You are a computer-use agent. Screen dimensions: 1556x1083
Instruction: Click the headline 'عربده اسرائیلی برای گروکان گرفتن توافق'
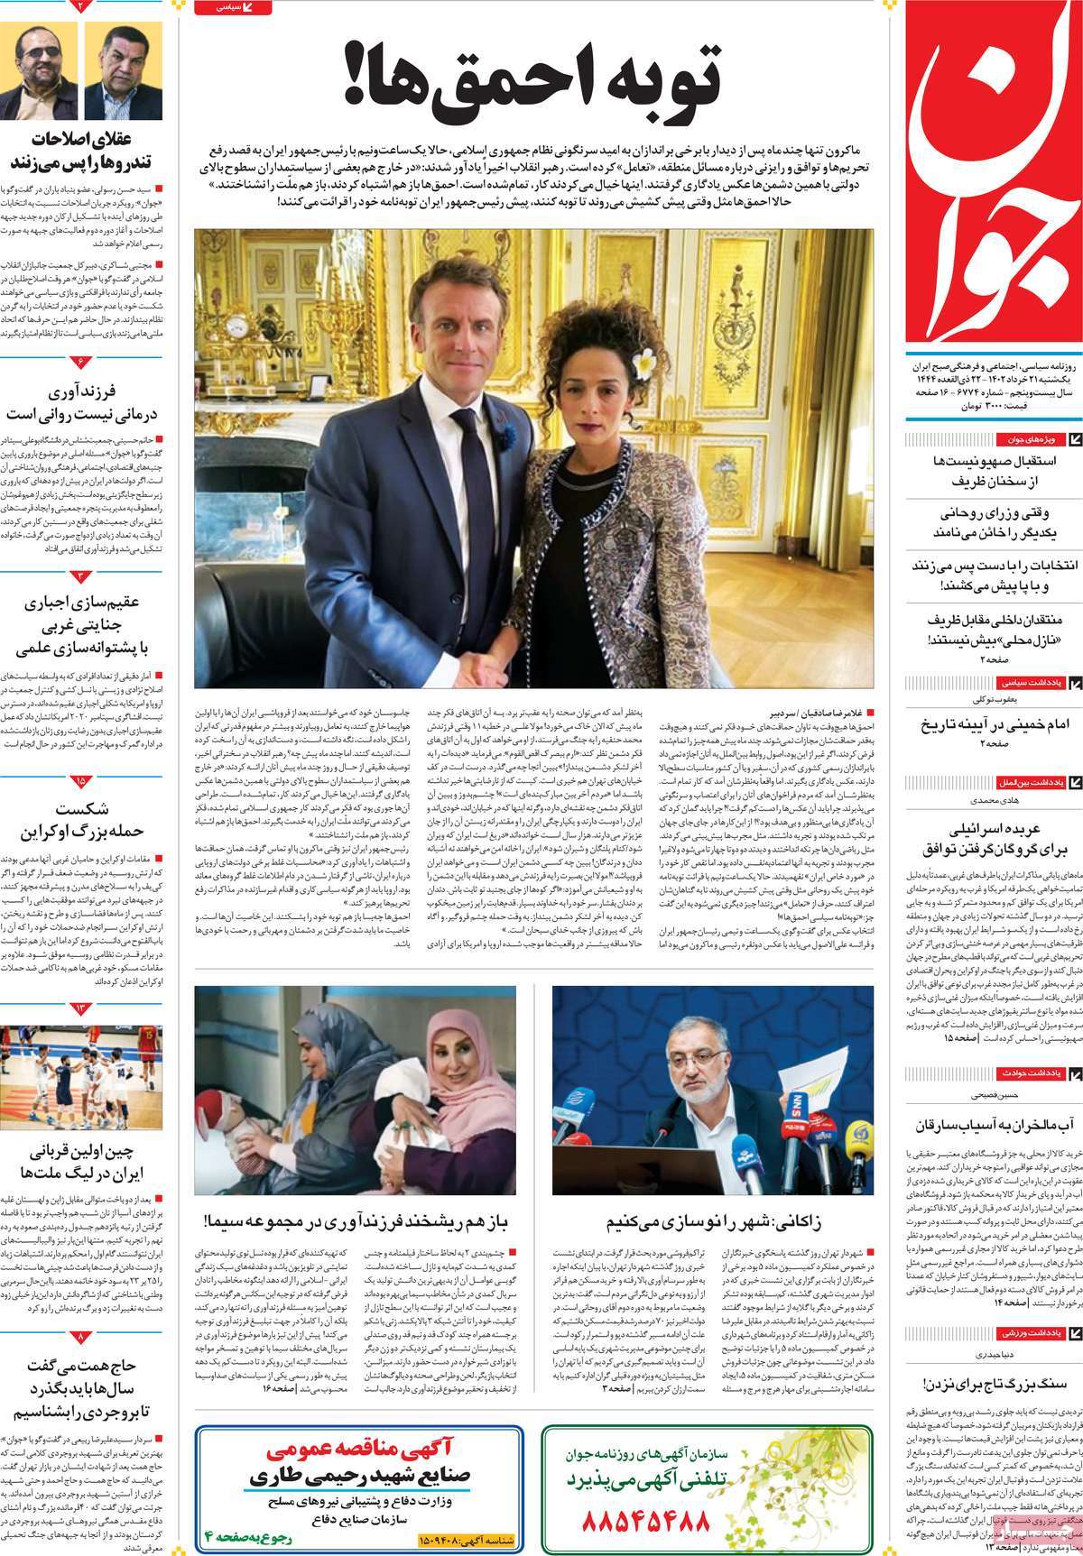tap(987, 840)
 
